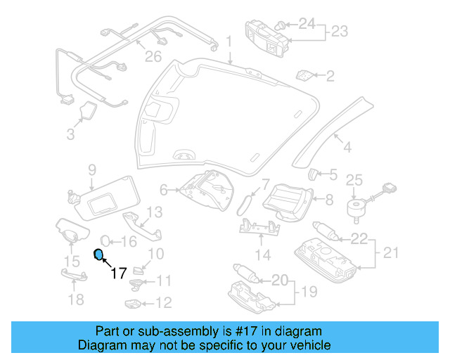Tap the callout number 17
click(119, 272)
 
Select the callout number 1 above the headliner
click(229, 43)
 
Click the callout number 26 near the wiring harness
click(153, 56)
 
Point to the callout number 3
click(70, 134)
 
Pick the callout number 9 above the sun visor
click(91, 169)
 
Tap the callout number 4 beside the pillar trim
click(346, 147)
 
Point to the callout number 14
click(262, 254)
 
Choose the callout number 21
click(390, 252)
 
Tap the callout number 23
click(340, 32)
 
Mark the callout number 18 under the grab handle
click(75, 300)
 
